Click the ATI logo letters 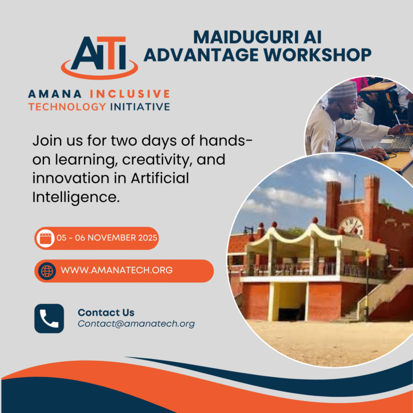[99, 53]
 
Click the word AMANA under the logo [56, 94]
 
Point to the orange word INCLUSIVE [130, 94]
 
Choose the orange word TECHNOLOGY [67, 107]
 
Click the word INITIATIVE [140, 107]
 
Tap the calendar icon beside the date [45, 239]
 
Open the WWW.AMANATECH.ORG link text [117, 271]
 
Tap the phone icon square [49, 318]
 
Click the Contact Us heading [106, 312]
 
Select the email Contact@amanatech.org [136, 324]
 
